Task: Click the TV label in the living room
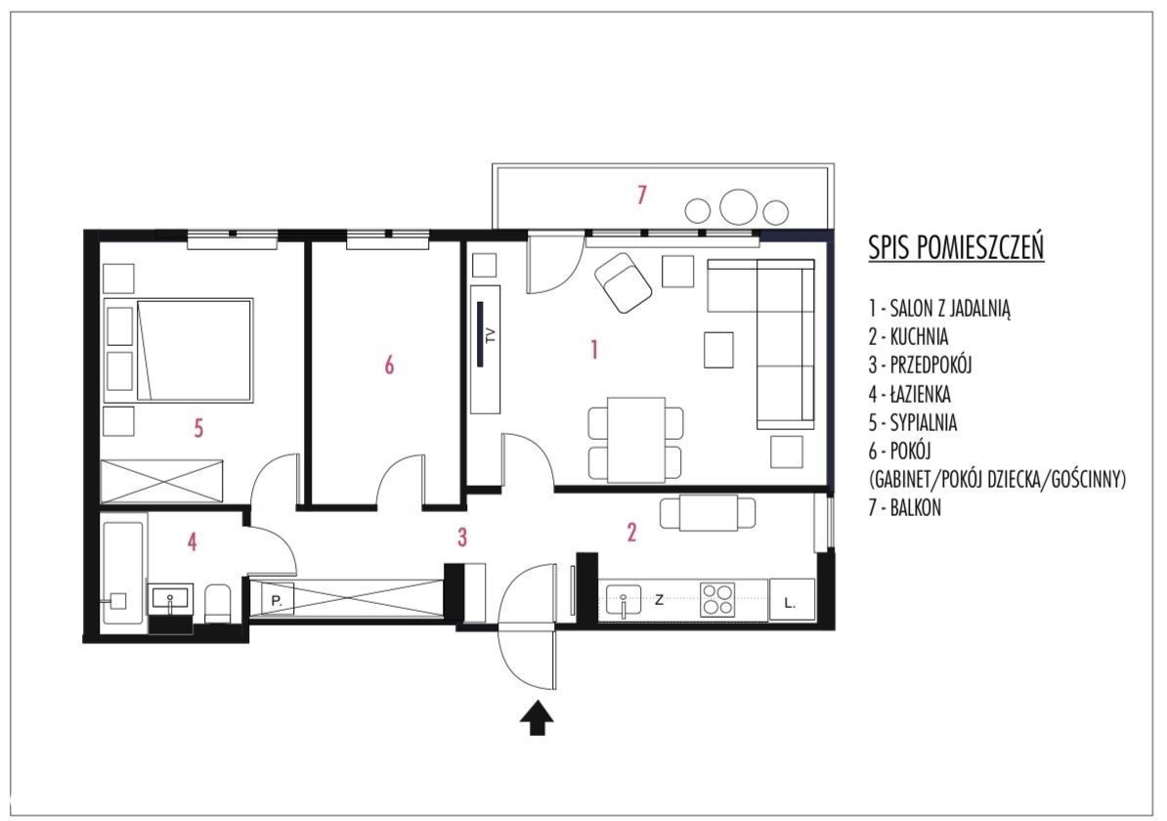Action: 490,335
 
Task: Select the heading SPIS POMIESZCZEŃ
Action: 956,247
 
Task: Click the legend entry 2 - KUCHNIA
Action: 908,336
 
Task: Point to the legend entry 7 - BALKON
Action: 904,507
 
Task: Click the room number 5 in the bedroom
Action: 198,428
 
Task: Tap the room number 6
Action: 388,365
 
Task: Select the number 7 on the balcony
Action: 641,194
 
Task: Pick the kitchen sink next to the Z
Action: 623,600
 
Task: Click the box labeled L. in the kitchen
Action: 791,600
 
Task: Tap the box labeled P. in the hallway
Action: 277,599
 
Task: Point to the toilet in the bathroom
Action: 218,604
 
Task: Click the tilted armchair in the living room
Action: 623,282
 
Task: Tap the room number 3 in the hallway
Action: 462,537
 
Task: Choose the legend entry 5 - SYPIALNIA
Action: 913,423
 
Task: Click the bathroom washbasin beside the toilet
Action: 172,598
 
